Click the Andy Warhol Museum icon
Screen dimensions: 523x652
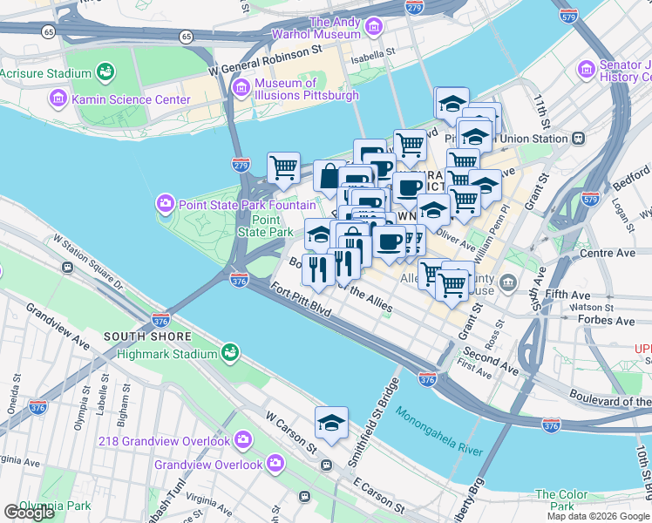(374, 28)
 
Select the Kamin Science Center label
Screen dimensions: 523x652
(130, 99)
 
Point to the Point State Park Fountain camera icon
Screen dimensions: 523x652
(165, 205)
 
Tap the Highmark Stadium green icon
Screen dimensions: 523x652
(230, 353)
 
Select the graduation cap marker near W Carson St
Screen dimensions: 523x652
(331, 424)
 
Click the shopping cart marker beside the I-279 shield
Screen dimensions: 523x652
(283, 167)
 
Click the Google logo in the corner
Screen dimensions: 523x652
(30, 512)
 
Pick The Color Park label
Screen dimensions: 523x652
(567, 499)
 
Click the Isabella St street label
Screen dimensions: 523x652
(371, 60)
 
